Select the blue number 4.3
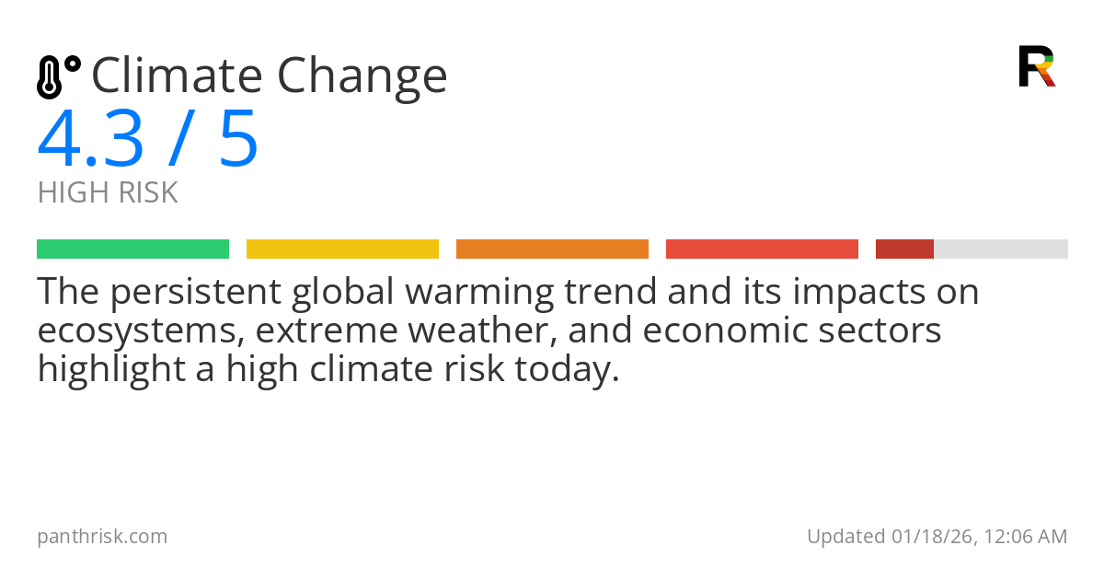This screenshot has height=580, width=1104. (90, 139)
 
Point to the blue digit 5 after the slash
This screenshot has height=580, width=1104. (238, 139)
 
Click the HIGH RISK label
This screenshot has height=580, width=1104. (108, 193)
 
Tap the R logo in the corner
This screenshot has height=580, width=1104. (1036, 65)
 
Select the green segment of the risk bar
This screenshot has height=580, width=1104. (132, 249)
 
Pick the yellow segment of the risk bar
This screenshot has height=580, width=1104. (342, 249)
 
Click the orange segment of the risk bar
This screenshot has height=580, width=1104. (552, 249)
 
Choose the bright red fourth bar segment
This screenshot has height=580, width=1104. (762, 249)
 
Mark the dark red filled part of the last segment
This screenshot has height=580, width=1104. (904, 249)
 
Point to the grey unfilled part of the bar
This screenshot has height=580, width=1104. (1001, 249)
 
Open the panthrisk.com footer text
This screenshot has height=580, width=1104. (102, 536)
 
